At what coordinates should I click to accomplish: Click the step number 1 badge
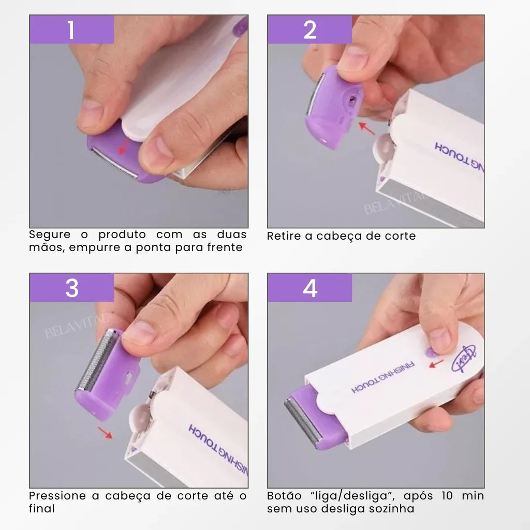[71, 30]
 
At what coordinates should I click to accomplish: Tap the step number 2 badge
[310, 30]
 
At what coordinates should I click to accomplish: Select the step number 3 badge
[71, 288]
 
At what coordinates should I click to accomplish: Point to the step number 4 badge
[310, 288]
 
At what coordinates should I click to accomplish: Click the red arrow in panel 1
[123, 147]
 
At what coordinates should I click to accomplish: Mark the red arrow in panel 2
[367, 129]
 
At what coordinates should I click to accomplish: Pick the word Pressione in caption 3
[57, 496]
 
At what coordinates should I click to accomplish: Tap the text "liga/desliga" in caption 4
[350, 496]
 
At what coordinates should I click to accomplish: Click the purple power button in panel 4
[430, 352]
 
